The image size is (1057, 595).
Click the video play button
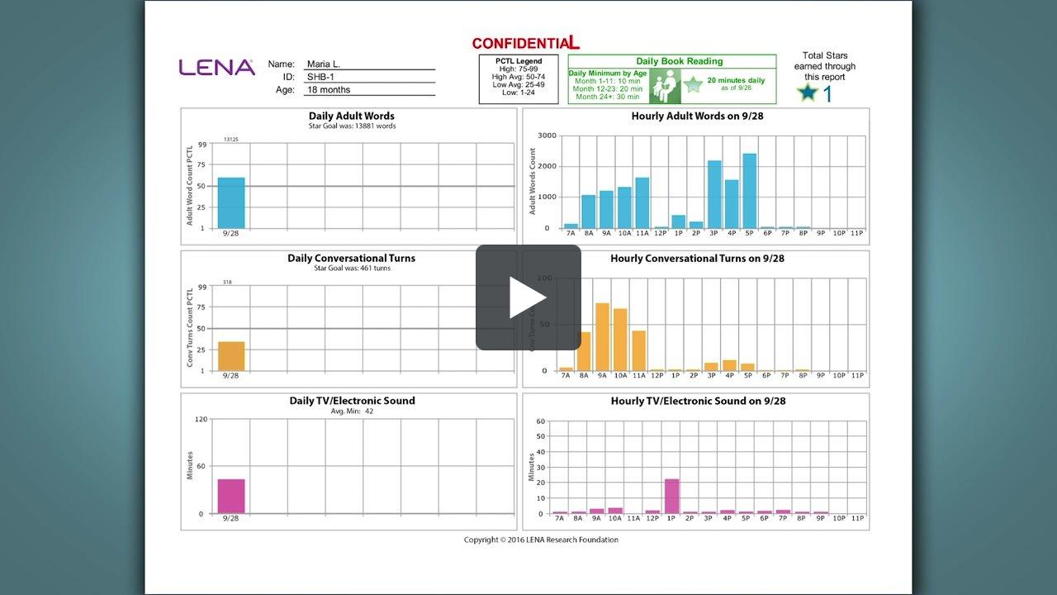tap(528, 297)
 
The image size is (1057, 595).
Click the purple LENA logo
tap(216, 68)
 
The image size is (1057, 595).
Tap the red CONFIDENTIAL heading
tap(525, 43)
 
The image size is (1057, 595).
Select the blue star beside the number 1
tap(807, 93)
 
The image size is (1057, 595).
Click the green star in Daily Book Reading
tap(693, 84)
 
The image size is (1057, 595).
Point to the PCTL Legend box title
tap(519, 61)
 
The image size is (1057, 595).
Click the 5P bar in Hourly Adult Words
tap(749, 191)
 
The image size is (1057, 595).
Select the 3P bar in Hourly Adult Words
tap(714, 194)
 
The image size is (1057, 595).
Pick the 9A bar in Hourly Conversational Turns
tap(602, 337)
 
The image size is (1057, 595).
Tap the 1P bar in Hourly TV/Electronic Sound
tap(671, 496)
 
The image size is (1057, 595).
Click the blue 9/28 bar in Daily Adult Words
tap(231, 203)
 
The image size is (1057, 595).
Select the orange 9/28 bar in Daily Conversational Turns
tap(231, 356)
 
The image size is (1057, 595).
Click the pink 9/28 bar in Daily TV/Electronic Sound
tap(231, 496)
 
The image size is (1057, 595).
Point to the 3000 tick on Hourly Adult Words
tap(545, 136)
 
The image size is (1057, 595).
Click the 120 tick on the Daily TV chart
tap(201, 420)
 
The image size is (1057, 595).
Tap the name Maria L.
tap(323, 64)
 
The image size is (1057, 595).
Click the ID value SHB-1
tap(320, 77)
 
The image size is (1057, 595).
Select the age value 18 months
tap(329, 90)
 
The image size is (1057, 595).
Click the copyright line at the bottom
tap(541, 540)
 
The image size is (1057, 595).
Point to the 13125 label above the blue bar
tap(231, 140)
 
